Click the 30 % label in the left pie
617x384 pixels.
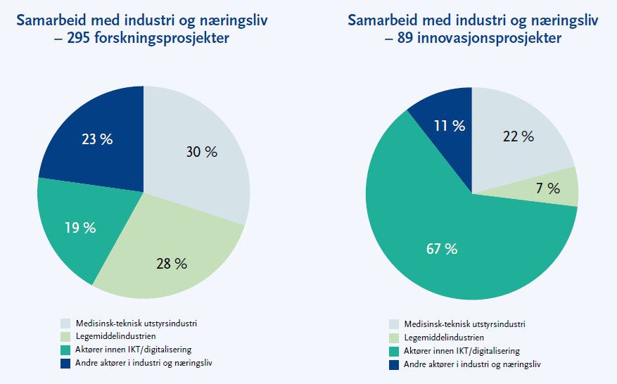click(x=202, y=152)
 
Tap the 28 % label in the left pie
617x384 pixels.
click(x=172, y=264)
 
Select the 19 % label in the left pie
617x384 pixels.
click(x=79, y=227)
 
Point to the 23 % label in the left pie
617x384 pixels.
click(x=97, y=139)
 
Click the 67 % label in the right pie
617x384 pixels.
click(x=441, y=248)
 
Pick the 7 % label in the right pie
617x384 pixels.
click(x=549, y=188)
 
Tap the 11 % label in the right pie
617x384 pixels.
click(x=449, y=126)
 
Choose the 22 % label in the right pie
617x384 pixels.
click(x=518, y=136)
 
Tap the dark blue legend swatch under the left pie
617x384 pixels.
click(x=65, y=364)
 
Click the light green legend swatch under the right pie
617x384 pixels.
click(x=395, y=338)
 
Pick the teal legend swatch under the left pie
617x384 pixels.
click(x=65, y=350)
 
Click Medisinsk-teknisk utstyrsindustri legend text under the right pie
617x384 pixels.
click(x=464, y=324)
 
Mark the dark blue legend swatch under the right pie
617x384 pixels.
click(x=395, y=365)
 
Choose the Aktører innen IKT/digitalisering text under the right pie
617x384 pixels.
click(x=462, y=351)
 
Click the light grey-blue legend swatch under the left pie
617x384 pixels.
click(x=65, y=324)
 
